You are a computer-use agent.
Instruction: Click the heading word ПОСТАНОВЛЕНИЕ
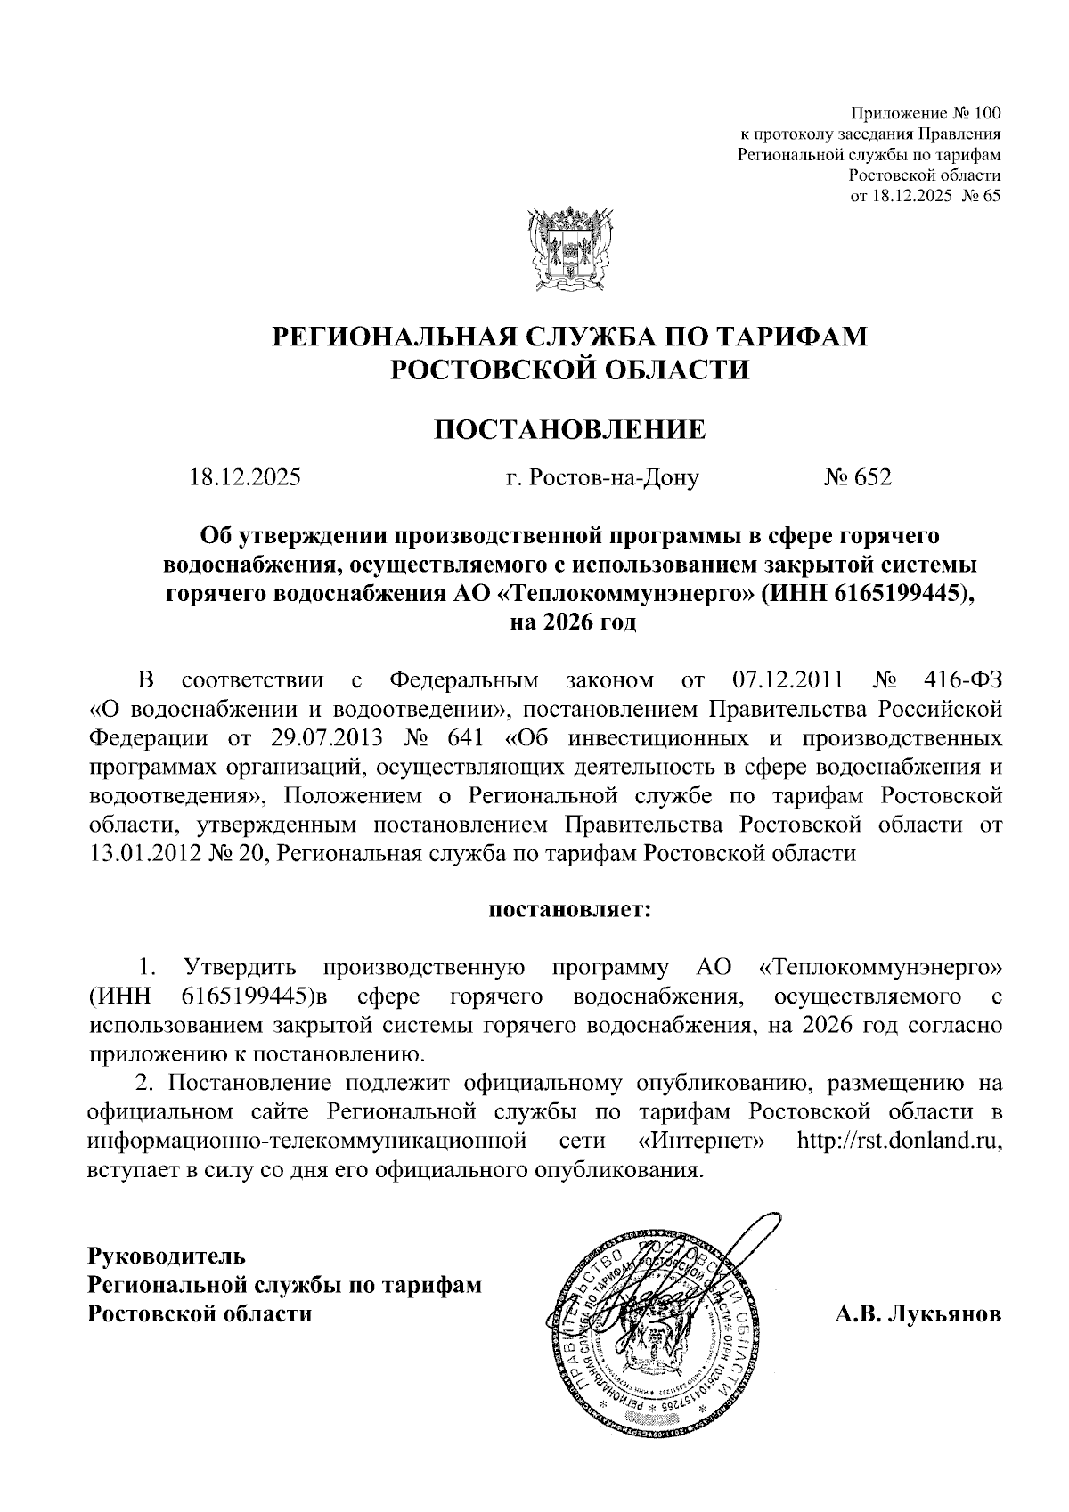568,431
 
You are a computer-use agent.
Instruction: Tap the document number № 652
856,478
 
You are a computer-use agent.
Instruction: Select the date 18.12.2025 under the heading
245,478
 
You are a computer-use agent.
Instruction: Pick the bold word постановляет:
569,910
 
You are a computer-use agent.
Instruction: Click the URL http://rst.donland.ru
900,1141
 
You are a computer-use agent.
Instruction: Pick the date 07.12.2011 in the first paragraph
787,682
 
